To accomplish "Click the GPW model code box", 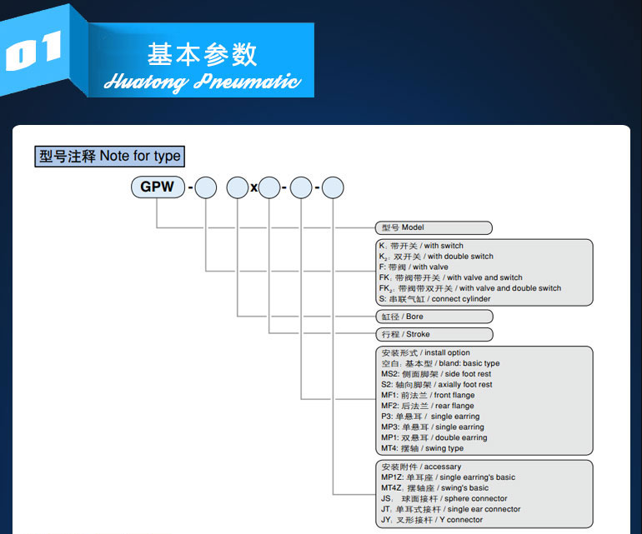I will point(158,187).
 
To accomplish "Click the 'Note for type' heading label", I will point(108,156).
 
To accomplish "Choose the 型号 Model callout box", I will point(434,227).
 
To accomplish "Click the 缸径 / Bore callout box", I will point(434,317).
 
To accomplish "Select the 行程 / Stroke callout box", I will point(434,334).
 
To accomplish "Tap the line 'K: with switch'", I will point(421,246).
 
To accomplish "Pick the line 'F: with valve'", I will point(414,267).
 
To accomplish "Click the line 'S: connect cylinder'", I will point(434,298).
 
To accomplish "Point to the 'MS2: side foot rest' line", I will point(435,374).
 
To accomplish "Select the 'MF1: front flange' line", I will point(427,395).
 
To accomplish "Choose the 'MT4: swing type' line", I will point(422,448).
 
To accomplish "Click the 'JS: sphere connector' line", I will point(444,498).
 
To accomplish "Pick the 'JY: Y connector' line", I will point(431,520).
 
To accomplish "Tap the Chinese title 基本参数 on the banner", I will point(202,53).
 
